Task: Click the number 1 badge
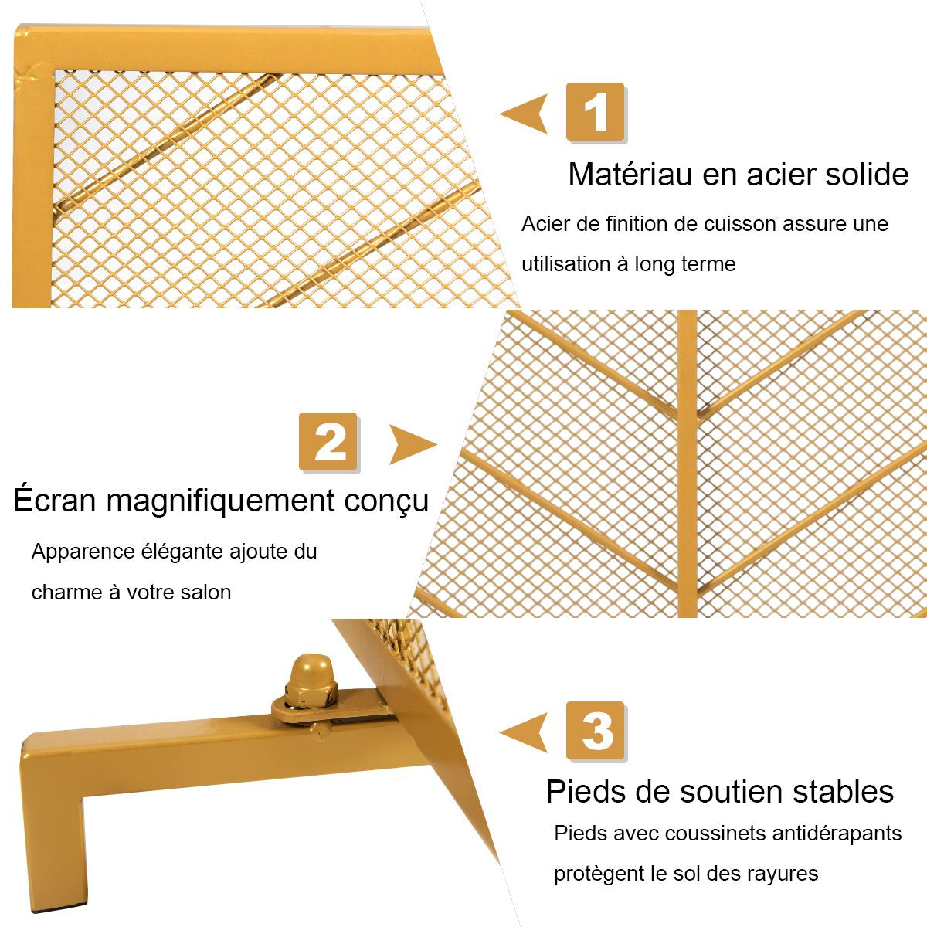[x=595, y=113]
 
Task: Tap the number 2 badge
[x=328, y=442]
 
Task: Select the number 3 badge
[x=595, y=731]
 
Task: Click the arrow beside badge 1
[x=525, y=114]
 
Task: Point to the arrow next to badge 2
[x=412, y=444]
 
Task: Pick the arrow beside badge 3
[x=525, y=732]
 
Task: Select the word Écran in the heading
[x=54, y=501]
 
